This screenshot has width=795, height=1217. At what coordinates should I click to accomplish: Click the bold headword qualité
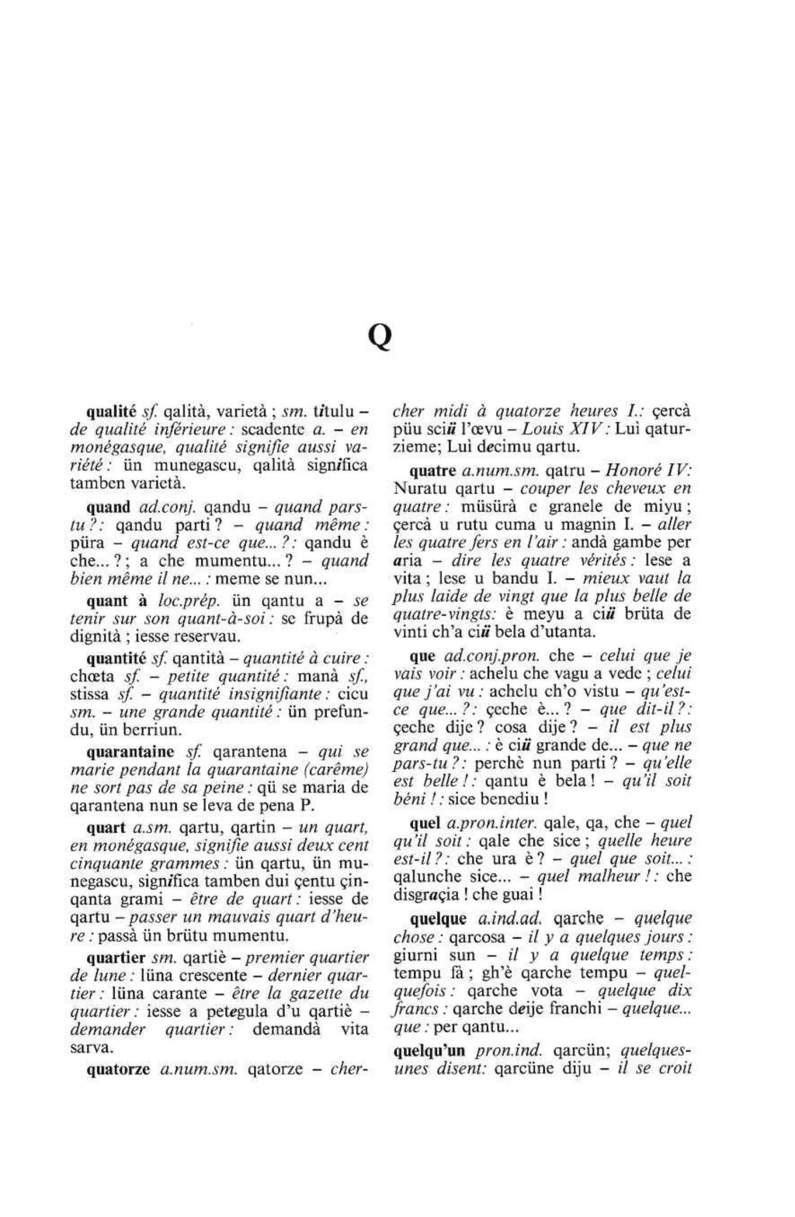click(x=111, y=411)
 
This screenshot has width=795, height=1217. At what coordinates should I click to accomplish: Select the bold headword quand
click(x=108, y=507)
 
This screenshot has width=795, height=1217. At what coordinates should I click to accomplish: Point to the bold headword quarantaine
click(x=130, y=752)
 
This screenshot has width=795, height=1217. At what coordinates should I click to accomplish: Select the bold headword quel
click(x=426, y=823)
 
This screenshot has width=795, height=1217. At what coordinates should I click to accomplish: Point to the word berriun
click(x=156, y=730)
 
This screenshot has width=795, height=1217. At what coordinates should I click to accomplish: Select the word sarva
click(x=88, y=1047)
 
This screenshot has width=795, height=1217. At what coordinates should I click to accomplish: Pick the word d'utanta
click(x=561, y=631)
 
